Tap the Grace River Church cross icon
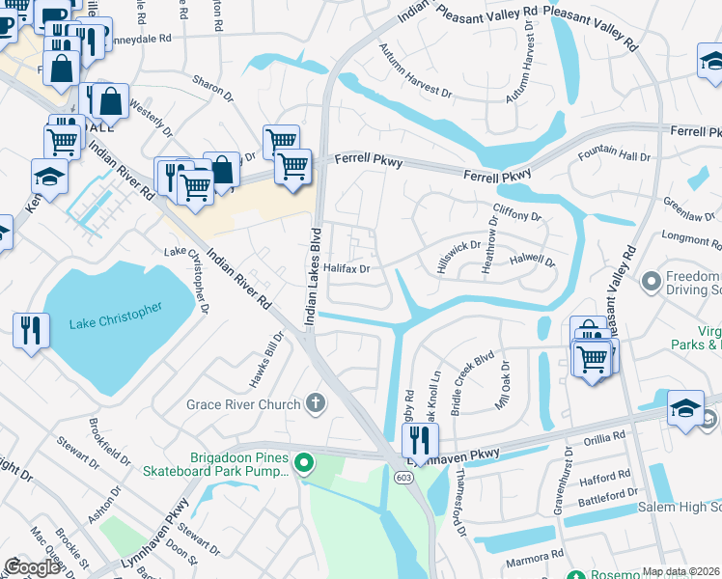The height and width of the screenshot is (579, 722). (314, 402)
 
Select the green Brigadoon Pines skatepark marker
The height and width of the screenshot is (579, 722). (304, 465)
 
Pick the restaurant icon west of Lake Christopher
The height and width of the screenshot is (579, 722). (32, 331)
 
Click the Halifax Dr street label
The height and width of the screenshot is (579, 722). (347, 269)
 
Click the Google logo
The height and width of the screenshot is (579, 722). (32, 567)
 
